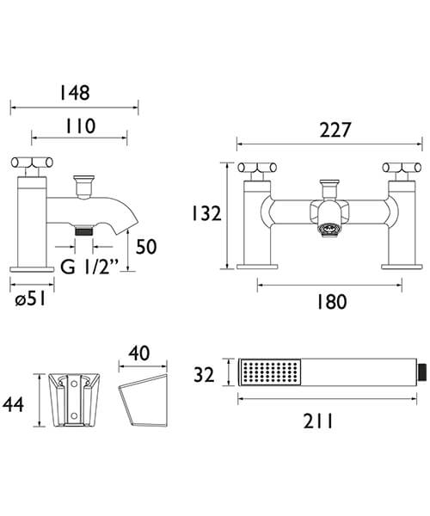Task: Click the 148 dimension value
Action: pos(74,91)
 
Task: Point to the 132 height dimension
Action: pos(206,214)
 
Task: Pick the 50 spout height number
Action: pos(147,248)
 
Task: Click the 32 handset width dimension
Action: pos(204,374)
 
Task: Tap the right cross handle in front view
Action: pos(402,168)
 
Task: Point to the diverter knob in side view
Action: pos(83,184)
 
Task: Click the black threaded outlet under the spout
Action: pos(83,231)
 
